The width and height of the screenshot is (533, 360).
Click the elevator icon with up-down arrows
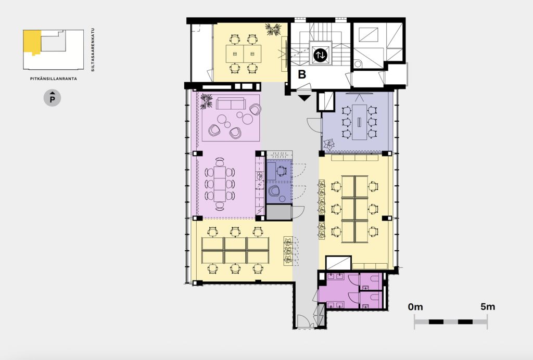pyautogui.click(x=320, y=55)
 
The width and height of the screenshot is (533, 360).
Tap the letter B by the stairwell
pyautogui.click(x=302, y=74)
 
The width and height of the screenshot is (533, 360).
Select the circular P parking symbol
pyautogui.click(x=53, y=98)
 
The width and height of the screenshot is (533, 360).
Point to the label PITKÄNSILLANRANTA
pyautogui.click(x=54, y=79)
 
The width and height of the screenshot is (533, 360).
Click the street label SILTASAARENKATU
pyautogui.click(x=93, y=49)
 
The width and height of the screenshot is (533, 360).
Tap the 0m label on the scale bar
pyautogui.click(x=415, y=307)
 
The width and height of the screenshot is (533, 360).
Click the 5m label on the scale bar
pyautogui.click(x=488, y=307)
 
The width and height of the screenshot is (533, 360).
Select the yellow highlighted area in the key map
pyautogui.click(x=32, y=42)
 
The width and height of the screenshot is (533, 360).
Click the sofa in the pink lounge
pyautogui.click(x=231, y=103)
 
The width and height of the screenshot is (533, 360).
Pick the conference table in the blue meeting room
pyautogui.click(x=359, y=122)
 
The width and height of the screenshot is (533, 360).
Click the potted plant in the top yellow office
pyautogui.click(x=273, y=29)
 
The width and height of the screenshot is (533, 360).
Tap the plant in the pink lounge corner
pyautogui.click(x=206, y=101)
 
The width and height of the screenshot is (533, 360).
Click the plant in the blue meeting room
pyautogui.click(x=329, y=145)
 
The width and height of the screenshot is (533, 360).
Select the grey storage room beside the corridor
pyautogui.click(x=279, y=212)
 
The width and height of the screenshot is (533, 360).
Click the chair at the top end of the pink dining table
pyautogui.click(x=220, y=162)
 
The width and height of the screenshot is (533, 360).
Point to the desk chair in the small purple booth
pyautogui.click(x=282, y=171)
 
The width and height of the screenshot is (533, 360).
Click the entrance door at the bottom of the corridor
pyautogui.click(x=304, y=322)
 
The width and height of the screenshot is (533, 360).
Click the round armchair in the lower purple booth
pyautogui.click(x=273, y=191)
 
